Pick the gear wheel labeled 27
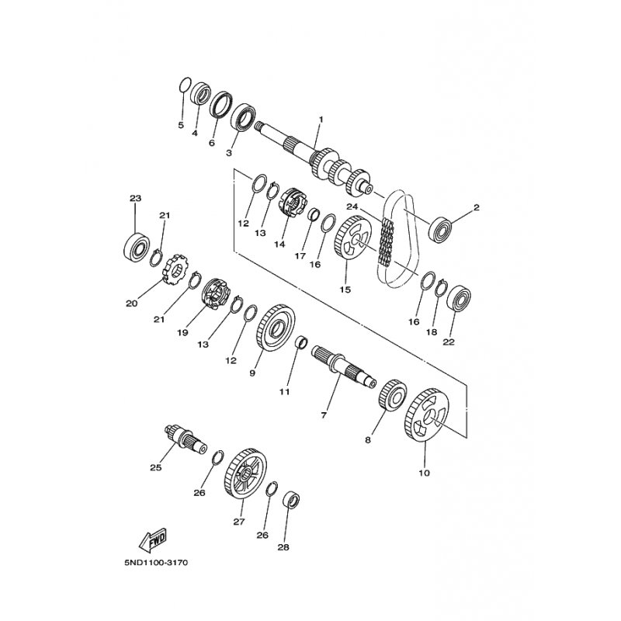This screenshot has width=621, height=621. (245, 474)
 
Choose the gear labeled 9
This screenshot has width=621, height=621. (273, 328)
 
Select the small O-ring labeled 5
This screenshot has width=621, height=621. (184, 85)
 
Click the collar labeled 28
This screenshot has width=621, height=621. (292, 500)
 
